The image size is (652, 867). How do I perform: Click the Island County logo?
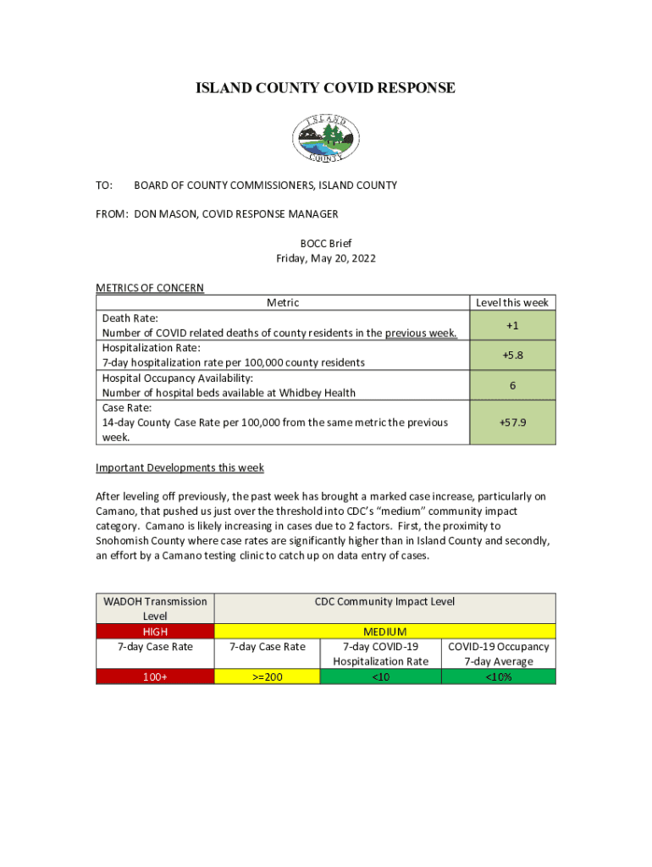326,138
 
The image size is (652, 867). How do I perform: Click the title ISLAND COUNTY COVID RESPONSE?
326,88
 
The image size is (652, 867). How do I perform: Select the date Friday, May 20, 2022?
326,258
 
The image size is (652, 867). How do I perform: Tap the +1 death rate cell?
512,325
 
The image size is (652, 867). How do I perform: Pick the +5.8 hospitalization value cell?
512,356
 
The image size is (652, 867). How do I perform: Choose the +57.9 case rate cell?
512,422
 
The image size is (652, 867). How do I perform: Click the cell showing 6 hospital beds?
512,385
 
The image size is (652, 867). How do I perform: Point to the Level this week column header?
512,302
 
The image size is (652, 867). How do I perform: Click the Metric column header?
283,302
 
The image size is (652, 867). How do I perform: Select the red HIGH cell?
155,632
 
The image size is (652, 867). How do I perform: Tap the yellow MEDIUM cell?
385,632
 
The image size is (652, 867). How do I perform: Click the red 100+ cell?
155,676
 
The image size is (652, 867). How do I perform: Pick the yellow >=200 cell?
268,676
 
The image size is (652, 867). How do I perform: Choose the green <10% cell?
499,676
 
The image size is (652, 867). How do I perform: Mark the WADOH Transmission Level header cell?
155,609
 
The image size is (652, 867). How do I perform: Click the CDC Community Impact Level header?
385,602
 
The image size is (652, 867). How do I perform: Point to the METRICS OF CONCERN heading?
150,288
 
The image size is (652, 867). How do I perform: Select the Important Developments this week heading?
180,467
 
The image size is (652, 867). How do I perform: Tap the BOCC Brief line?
326,243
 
